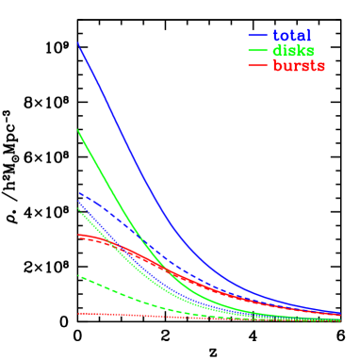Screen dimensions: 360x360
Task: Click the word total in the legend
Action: coord(291,35)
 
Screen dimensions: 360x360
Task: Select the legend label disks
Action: coord(293,50)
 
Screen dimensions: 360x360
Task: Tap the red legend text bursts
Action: coord(299,66)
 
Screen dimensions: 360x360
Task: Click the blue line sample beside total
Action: coord(258,36)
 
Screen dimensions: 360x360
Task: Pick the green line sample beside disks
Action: coord(258,51)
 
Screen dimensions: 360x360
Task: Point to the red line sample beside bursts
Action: coord(258,66)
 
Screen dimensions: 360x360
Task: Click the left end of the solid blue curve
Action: coord(78,42)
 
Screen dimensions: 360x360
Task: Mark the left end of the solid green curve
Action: coord(78,129)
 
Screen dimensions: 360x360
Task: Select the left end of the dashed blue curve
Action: coord(78,192)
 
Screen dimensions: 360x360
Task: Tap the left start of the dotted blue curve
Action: coord(78,201)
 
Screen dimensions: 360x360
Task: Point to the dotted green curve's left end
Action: coord(78,209)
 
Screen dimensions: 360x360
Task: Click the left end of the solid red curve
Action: coord(78,234)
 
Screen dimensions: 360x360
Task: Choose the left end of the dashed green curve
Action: coord(78,275)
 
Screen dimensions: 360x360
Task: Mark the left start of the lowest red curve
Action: coord(78,313)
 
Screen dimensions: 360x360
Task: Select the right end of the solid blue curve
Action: coord(340,312)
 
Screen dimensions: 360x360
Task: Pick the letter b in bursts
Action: coord(277,66)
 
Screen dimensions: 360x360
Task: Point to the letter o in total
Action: coord(286,36)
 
